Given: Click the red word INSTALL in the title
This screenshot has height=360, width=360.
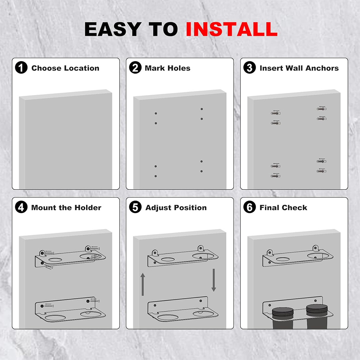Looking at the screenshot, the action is click(231, 29).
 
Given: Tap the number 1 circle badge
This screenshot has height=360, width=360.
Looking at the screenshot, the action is click(21, 68).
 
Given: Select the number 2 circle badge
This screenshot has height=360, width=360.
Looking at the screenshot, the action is click(135, 68).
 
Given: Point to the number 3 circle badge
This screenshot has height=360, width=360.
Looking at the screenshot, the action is click(249, 68).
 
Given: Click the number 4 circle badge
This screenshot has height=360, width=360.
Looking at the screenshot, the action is click(21, 207).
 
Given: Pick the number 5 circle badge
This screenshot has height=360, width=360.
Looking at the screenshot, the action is click(135, 207).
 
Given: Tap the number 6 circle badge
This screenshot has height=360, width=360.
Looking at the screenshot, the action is click(249, 207).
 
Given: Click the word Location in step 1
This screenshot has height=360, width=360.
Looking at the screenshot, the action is click(81, 68).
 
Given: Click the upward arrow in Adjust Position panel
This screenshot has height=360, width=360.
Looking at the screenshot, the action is click(143, 284).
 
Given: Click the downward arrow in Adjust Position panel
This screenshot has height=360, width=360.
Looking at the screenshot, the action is click(214, 280).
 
